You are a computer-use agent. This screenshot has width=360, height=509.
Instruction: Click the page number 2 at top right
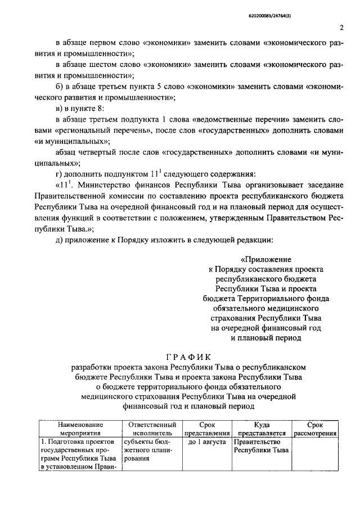[x=341, y=28]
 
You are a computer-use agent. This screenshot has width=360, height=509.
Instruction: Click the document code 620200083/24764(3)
[x=317, y=6]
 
